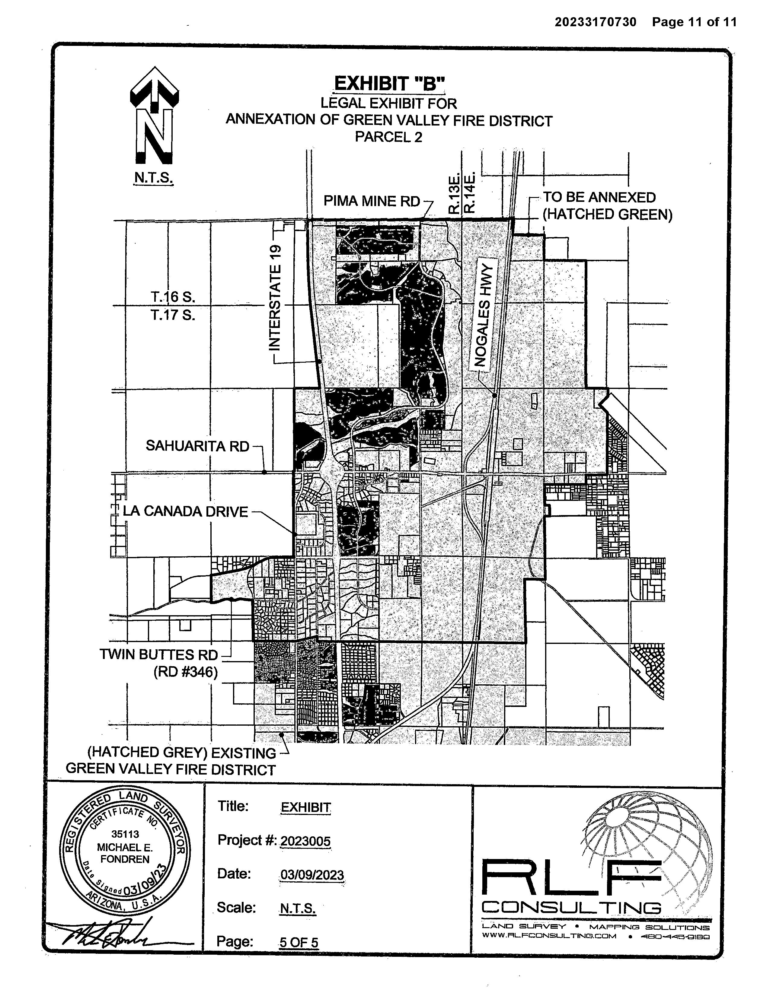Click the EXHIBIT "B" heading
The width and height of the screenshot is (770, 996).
(389, 84)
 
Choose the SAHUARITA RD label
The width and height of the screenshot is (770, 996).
(197, 446)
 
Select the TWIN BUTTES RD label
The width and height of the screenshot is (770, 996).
(159, 654)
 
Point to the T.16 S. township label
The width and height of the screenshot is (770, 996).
(173, 297)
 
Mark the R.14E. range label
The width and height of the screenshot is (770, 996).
(470, 193)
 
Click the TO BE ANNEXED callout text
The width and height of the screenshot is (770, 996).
(599, 197)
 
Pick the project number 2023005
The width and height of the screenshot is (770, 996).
(305, 841)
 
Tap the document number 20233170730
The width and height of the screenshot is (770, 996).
(595, 22)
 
